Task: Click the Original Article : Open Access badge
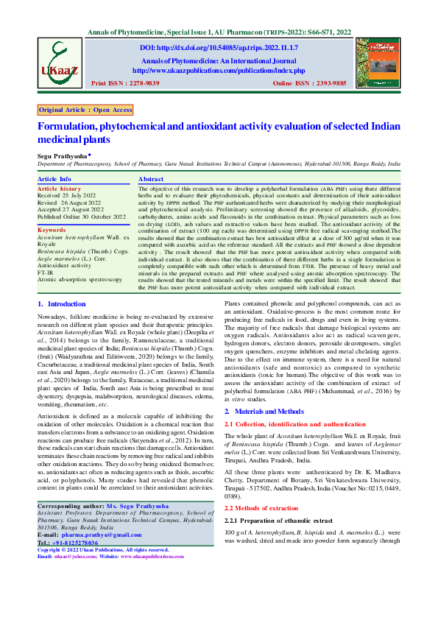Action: [x=86, y=110]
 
